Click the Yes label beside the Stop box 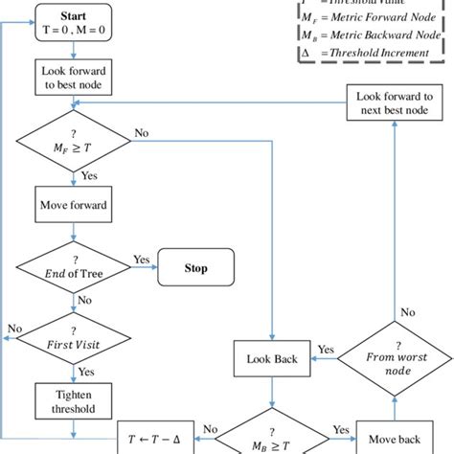pos(141,259)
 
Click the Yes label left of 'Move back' pos(338,429)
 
